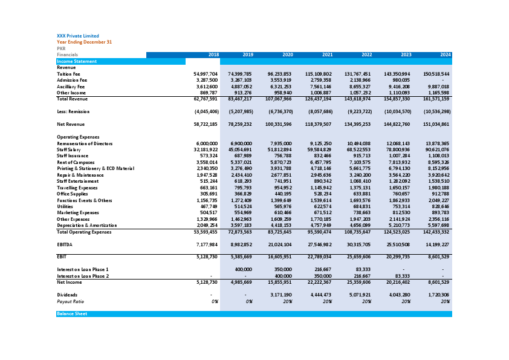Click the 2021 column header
(326, 55)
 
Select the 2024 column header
(445, 55)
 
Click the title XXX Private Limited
(77, 36)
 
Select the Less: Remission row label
(74, 112)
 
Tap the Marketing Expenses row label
(77, 213)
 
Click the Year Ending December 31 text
(84, 42)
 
